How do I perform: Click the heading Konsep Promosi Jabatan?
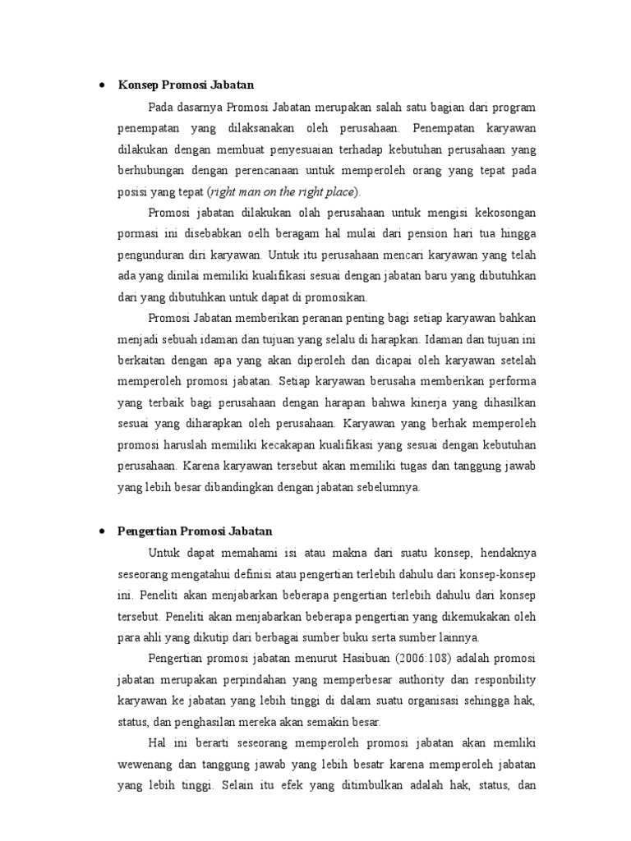tap(187, 85)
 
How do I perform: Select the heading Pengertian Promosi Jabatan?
tap(196, 531)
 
